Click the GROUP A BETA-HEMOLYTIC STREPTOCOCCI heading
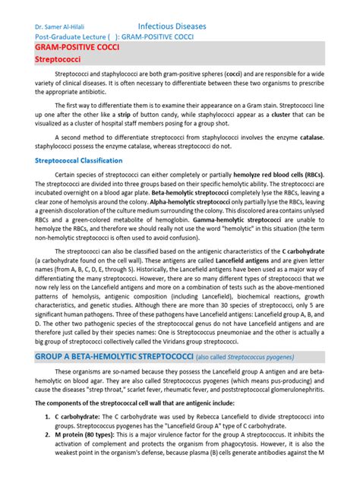[x=114, y=357]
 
